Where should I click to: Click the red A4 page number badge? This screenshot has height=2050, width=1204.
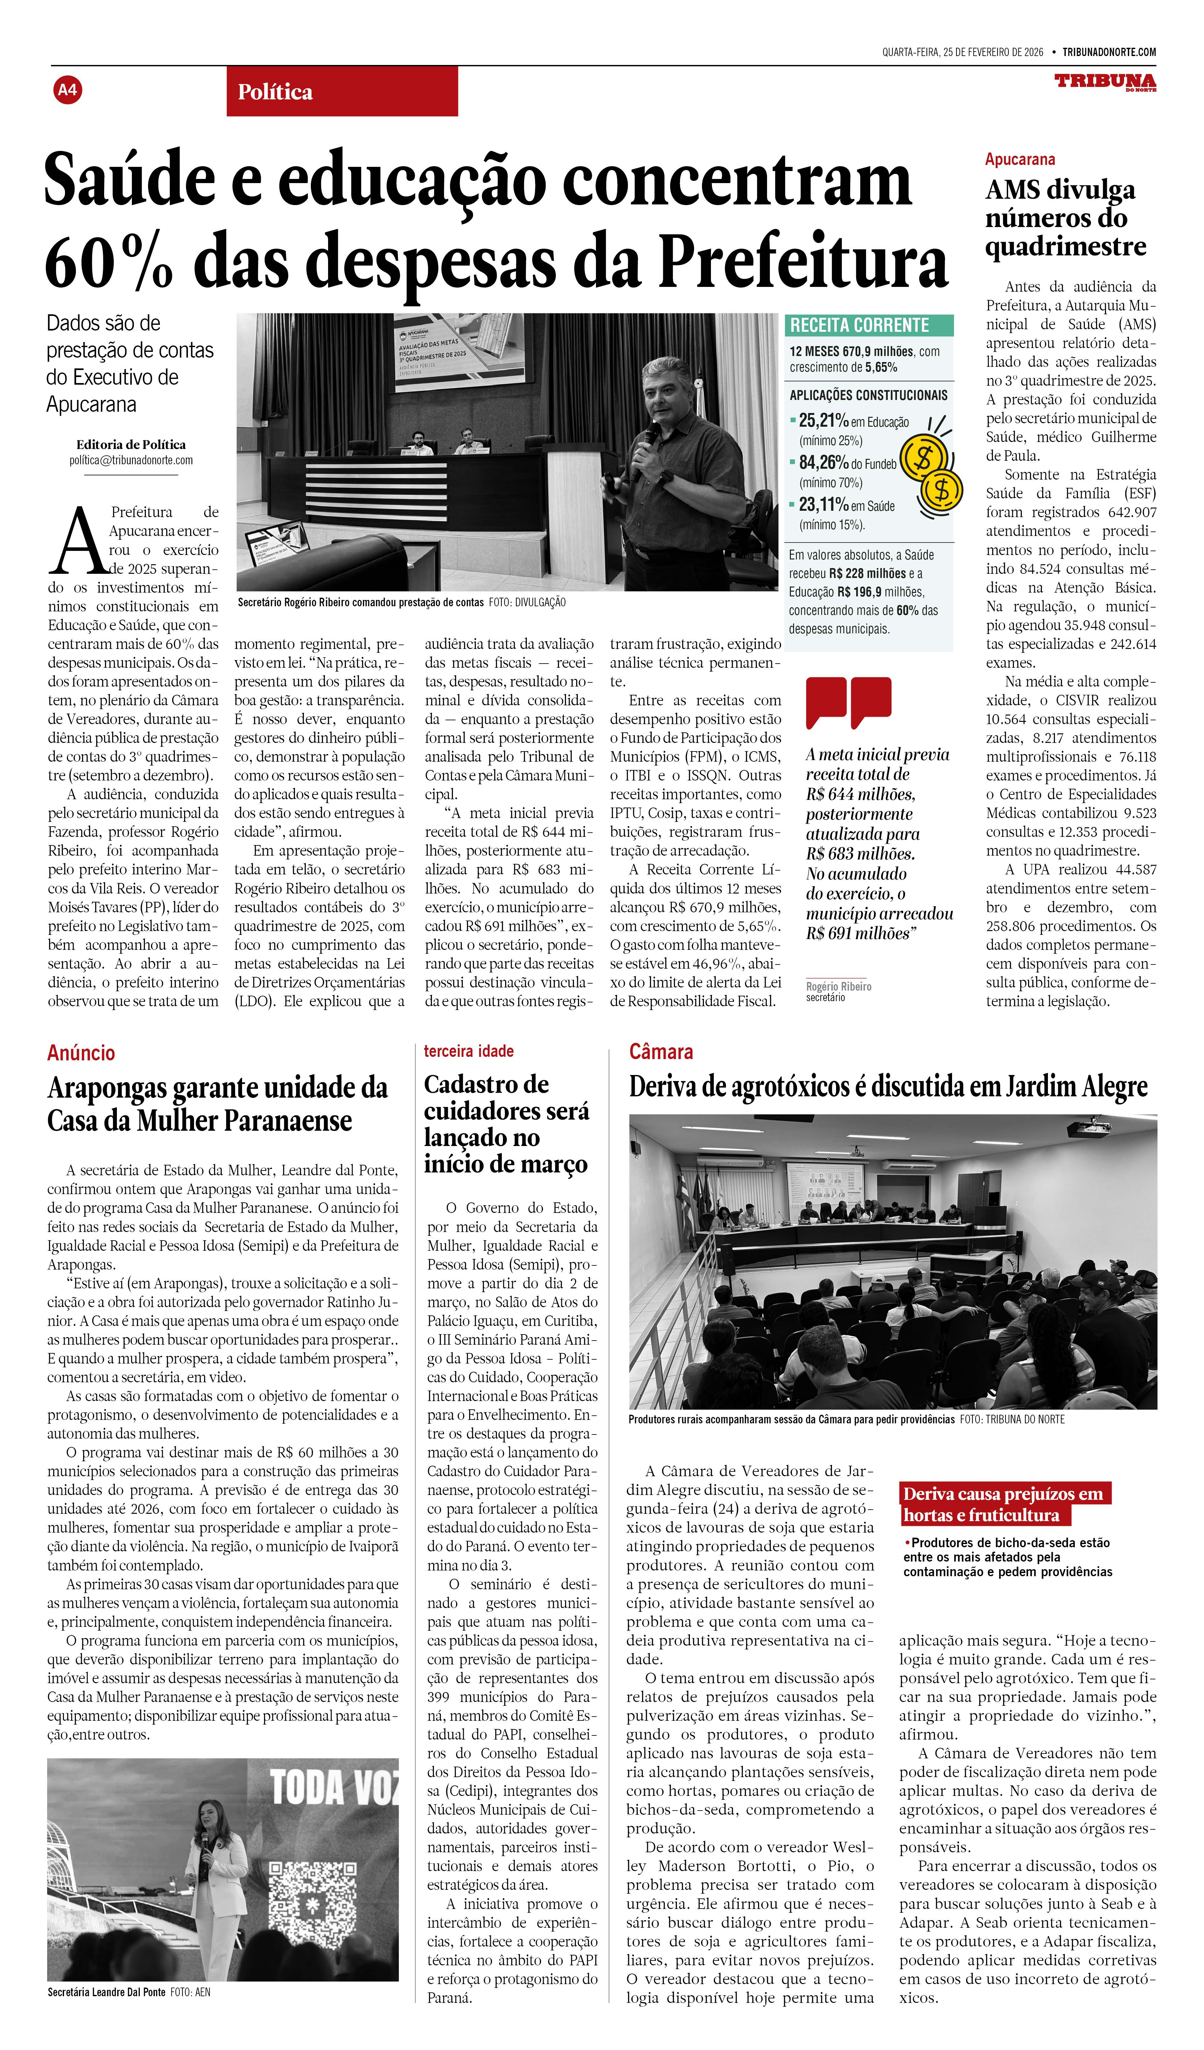pos(68,89)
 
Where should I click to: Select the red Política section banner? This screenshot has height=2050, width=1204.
pos(342,91)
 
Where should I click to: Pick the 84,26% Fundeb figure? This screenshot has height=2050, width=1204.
pos(823,463)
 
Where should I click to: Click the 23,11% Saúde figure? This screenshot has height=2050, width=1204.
pos(823,505)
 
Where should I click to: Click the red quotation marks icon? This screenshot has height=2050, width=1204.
pos(849,701)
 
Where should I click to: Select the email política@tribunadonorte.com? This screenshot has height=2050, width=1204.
pos(131,460)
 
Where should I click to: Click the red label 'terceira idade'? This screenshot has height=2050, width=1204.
pos(469,1051)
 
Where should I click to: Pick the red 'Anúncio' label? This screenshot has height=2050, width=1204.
pos(81,1053)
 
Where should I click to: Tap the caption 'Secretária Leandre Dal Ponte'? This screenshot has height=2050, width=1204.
pos(107,1992)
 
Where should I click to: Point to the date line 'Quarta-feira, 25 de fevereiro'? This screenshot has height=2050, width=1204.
pos(962,52)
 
